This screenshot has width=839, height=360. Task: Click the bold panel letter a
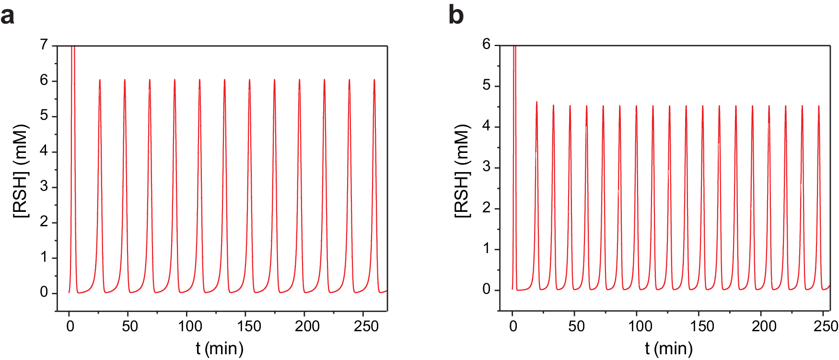point(7,15)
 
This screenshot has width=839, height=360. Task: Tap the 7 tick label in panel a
point(44,45)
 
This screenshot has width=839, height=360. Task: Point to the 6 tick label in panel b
point(487,45)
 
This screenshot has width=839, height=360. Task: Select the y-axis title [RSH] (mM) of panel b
point(462,171)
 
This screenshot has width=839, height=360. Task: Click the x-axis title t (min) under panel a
point(220,348)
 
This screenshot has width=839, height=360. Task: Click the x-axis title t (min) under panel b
point(668,348)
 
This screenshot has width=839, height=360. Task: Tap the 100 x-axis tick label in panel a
point(190,326)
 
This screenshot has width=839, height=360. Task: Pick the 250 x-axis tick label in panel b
point(826,326)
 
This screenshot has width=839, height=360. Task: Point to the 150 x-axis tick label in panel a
point(249,326)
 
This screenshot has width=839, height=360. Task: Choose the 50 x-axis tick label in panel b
point(576,326)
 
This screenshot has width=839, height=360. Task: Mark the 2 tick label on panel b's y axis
point(487,208)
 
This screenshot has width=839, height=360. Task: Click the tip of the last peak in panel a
point(374,80)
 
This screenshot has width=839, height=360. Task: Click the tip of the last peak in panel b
point(819,106)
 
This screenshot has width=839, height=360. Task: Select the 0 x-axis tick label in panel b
point(513,326)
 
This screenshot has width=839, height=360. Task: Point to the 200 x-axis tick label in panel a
point(307,326)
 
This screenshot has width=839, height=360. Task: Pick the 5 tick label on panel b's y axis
point(487,85)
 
